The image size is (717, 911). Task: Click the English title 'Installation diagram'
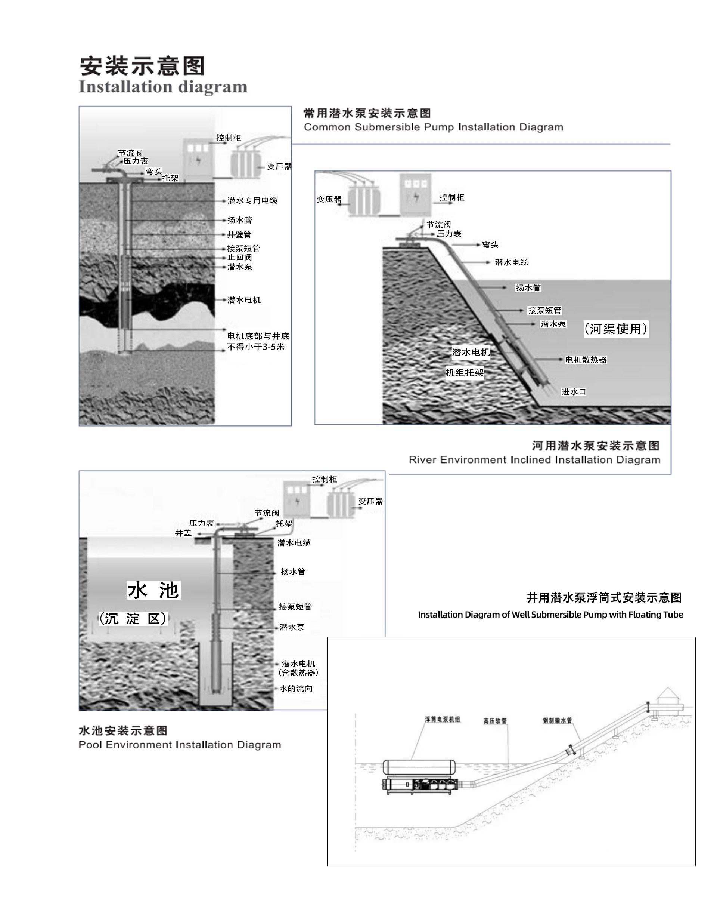pyautogui.click(x=163, y=87)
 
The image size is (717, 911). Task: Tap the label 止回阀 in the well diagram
pyautogui.click(x=239, y=258)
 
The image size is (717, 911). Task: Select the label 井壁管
pyautogui.click(x=239, y=234)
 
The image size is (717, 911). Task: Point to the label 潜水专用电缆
pyautogui.click(x=252, y=201)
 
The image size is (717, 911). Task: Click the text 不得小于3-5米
pyautogui.click(x=256, y=347)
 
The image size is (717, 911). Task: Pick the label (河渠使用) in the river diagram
pyautogui.click(x=616, y=329)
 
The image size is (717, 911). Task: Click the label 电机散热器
pyautogui.click(x=586, y=360)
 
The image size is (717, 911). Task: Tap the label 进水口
pyautogui.click(x=574, y=392)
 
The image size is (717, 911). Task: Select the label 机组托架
pyautogui.click(x=464, y=373)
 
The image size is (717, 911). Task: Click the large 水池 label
pyautogui.click(x=153, y=590)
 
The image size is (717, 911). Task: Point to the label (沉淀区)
pyautogui.click(x=133, y=619)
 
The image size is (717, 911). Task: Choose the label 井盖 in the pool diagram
pyautogui.click(x=183, y=533)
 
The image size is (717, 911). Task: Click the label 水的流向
pyautogui.click(x=296, y=689)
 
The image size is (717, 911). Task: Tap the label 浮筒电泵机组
pyautogui.click(x=443, y=719)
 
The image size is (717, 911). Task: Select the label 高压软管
pyautogui.click(x=495, y=721)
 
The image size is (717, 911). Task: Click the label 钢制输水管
pyautogui.click(x=557, y=720)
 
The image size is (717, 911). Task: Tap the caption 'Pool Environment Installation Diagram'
pyautogui.click(x=180, y=745)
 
